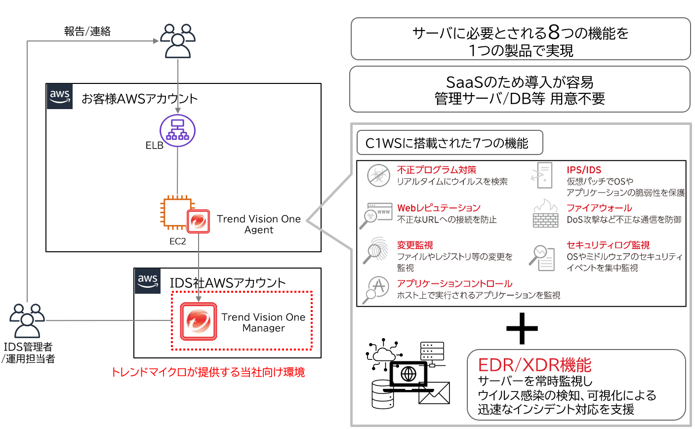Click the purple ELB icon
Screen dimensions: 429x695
pyautogui.click(x=177, y=131)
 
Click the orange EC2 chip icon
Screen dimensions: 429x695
pyautogui.click(x=175, y=213)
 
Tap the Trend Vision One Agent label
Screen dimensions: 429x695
pyautogui.click(x=258, y=224)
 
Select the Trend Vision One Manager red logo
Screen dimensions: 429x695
pyautogui.click(x=199, y=321)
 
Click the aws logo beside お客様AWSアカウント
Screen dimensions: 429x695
pyautogui.click(x=60, y=96)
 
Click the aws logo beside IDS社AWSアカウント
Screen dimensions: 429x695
pyautogui.click(x=148, y=281)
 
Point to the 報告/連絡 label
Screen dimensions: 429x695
pyautogui.click(x=87, y=32)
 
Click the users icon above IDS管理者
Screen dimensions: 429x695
pyautogui.click(x=27, y=320)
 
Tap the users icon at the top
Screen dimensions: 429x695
pyautogui.click(x=178, y=40)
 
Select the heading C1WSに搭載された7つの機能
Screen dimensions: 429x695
pyautogui.click(x=447, y=143)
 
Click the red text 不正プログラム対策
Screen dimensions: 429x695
pyautogui.click(x=437, y=170)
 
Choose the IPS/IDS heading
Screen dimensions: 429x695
pyautogui.click(x=584, y=170)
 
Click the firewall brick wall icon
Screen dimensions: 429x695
pyautogui.click(x=545, y=214)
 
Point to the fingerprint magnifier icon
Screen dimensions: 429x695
pyautogui.click(x=376, y=250)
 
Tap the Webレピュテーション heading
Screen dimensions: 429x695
pyautogui.click(x=439, y=208)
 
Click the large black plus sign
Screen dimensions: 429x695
pyautogui.click(x=522, y=328)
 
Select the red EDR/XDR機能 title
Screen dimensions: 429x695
pyautogui.click(x=534, y=365)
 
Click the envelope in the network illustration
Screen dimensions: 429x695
pyautogui.click(x=435, y=393)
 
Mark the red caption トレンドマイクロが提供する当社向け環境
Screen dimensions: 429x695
pyautogui.click(x=208, y=372)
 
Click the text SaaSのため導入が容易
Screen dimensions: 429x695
pyautogui.click(x=520, y=82)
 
